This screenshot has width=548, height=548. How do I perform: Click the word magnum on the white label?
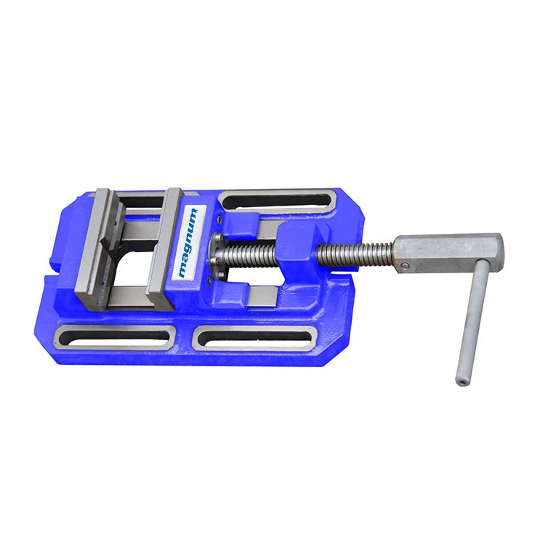(188, 243)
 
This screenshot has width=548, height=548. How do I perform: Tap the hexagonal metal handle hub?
(449, 253)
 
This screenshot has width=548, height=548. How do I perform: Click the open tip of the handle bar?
(462, 382)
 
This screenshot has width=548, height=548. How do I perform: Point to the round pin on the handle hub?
(405, 265)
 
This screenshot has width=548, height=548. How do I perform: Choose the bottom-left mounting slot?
(115, 337)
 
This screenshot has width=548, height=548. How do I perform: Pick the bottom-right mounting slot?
(255, 339)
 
